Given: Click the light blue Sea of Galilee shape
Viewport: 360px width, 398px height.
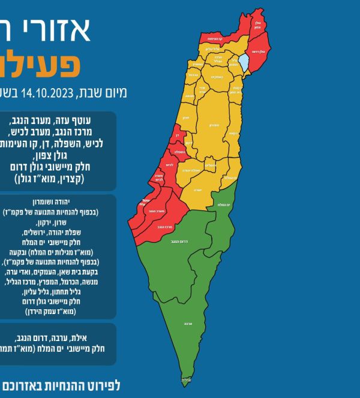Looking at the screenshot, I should [244, 62].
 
